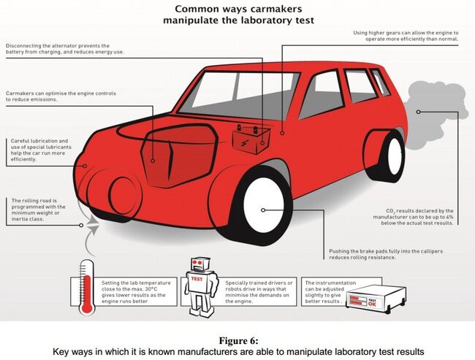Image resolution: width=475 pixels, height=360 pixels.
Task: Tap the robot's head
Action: [x=199, y=264]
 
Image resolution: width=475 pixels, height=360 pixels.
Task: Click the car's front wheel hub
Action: [x=269, y=202]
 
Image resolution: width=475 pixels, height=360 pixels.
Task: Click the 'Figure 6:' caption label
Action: [x=238, y=340]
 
